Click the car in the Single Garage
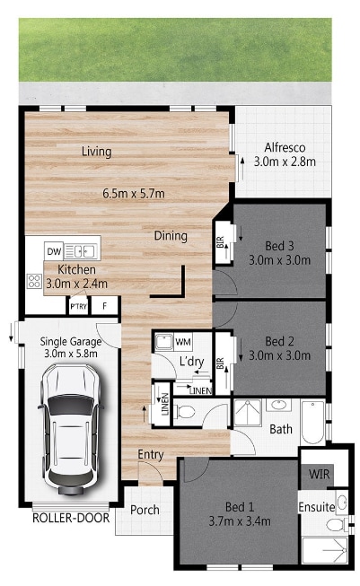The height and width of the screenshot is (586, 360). (70, 429)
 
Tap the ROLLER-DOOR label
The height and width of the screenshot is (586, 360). (71, 518)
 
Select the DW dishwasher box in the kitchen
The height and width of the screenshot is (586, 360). (54, 251)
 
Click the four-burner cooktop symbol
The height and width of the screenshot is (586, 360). (34, 281)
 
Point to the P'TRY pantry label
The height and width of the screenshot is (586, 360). (78, 306)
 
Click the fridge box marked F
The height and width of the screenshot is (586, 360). (105, 306)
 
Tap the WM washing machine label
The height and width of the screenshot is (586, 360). (183, 342)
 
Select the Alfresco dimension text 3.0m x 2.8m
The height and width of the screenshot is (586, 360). (285, 162)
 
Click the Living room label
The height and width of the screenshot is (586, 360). (97, 152)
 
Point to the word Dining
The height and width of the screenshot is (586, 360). (171, 236)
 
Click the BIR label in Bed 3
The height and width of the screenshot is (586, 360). (220, 242)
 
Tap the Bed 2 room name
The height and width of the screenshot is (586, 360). (279, 341)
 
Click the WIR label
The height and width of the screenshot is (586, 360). (320, 474)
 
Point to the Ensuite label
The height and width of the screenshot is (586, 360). (317, 507)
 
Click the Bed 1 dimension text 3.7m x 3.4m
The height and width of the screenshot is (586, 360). (240, 521)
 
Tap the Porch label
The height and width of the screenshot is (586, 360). (145, 510)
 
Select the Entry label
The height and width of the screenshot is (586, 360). (151, 455)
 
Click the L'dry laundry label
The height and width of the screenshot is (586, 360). (192, 361)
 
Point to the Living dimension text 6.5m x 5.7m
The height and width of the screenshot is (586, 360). (134, 194)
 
